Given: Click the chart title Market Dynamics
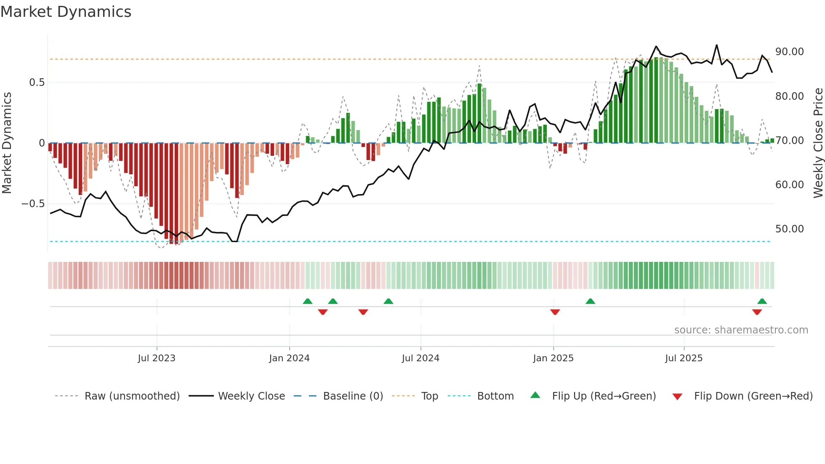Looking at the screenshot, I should coord(66,12).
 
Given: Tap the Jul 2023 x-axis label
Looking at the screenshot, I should coord(157,358).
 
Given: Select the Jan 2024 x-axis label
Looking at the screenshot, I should coord(290,358).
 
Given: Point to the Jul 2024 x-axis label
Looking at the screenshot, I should coord(420,358).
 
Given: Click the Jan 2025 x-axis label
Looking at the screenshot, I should coord(553,358).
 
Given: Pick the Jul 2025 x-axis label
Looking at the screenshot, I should coord(684,358).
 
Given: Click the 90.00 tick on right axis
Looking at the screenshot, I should coord(790,52).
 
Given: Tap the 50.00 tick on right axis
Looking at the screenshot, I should coord(790,229).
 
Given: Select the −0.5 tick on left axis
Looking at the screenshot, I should coord(33,204).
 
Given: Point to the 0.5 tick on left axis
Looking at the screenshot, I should coord(37,83).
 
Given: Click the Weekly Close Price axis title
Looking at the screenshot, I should coord(818,143).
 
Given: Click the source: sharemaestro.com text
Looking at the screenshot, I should coord(741,330).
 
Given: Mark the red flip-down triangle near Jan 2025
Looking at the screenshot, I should coord(555,312).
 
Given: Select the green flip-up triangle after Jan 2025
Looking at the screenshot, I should coord(590,301).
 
